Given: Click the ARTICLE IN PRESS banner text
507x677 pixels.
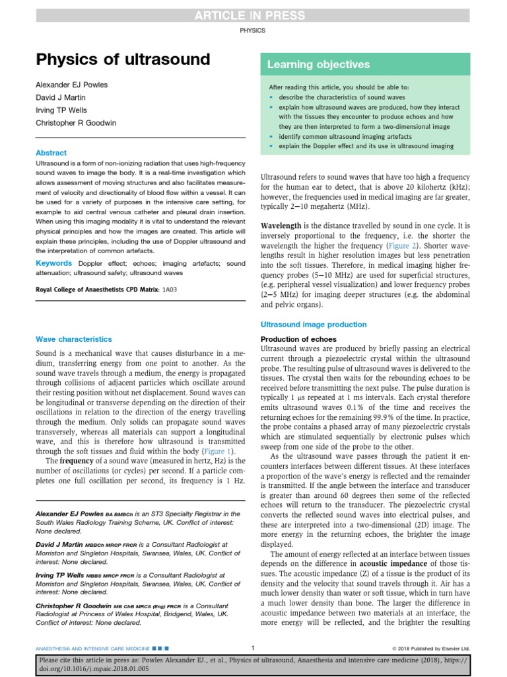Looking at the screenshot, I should point(253,16).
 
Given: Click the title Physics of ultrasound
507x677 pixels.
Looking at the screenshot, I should point(123,60).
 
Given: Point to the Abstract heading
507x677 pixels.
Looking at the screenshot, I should point(51,153).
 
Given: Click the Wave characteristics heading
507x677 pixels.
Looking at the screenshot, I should point(73,339).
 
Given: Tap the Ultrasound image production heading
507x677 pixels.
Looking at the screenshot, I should point(314,325).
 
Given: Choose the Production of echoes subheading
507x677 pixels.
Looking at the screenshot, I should point(298,339).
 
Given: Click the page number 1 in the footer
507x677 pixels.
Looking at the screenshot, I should point(253,647).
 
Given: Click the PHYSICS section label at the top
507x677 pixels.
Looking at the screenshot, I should point(253,30).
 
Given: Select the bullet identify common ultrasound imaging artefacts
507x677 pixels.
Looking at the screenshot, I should point(346,135).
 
